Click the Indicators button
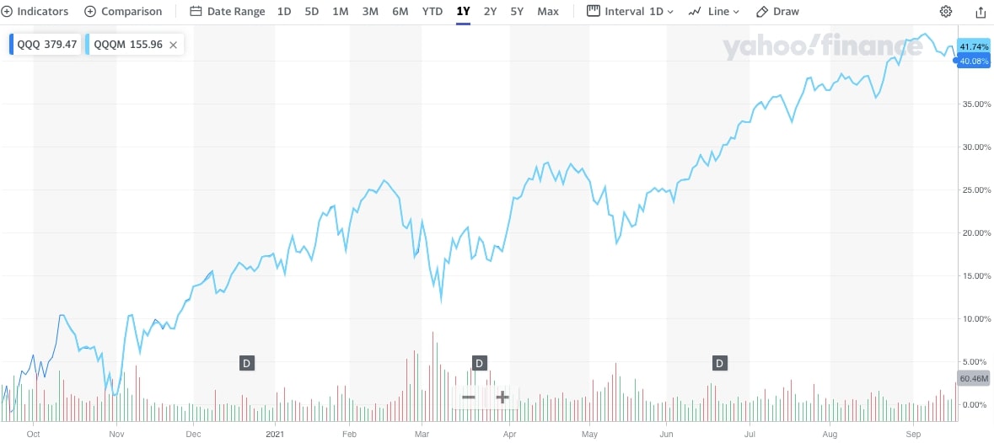(35, 12)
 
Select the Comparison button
(123, 12)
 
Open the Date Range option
(228, 12)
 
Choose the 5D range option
(312, 12)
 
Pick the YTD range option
(433, 12)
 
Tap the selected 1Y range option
(463, 12)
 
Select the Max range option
(548, 12)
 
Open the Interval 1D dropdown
(631, 12)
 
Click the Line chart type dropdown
(713, 12)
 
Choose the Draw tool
(777, 12)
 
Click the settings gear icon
(946, 12)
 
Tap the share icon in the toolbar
(981, 12)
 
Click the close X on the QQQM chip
(174, 45)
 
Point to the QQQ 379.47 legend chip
(45, 45)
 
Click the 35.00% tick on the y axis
(974, 104)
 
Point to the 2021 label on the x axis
(276, 435)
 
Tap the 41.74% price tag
(974, 46)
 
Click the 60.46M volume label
(974, 379)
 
